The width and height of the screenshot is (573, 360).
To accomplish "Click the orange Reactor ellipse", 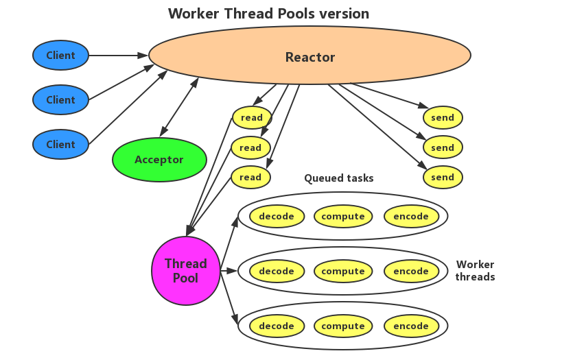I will tap(310, 56).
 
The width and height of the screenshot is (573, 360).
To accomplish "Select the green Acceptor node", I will tap(159, 160).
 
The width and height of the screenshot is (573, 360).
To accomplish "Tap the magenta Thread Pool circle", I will tap(185, 271).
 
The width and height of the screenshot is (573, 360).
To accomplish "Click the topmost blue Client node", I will tap(60, 56).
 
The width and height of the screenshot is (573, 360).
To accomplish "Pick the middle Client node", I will tap(60, 99).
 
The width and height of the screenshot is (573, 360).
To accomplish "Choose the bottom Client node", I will tap(60, 144).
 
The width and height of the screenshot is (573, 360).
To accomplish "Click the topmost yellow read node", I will tap(251, 117).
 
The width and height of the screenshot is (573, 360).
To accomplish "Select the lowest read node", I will tap(250, 177).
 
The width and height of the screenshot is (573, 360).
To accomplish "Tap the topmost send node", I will tap(443, 117).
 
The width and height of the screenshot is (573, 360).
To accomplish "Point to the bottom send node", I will tap(443, 177).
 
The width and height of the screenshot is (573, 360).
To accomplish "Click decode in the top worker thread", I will tap(277, 216).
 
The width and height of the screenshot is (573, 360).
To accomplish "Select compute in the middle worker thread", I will tap(343, 271).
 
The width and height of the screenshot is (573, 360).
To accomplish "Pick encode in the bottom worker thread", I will tap(411, 326).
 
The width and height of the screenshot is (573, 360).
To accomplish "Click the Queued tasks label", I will tap(339, 178).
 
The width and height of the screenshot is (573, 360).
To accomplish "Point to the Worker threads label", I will tap(475, 270).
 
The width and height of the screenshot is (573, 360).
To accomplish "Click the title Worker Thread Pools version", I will tap(268, 14).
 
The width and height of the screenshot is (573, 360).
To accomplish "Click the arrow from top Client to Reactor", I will tap(118, 56).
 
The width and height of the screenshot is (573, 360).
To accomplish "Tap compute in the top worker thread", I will tap(343, 216).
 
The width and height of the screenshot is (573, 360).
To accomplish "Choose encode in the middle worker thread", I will tap(411, 271).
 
